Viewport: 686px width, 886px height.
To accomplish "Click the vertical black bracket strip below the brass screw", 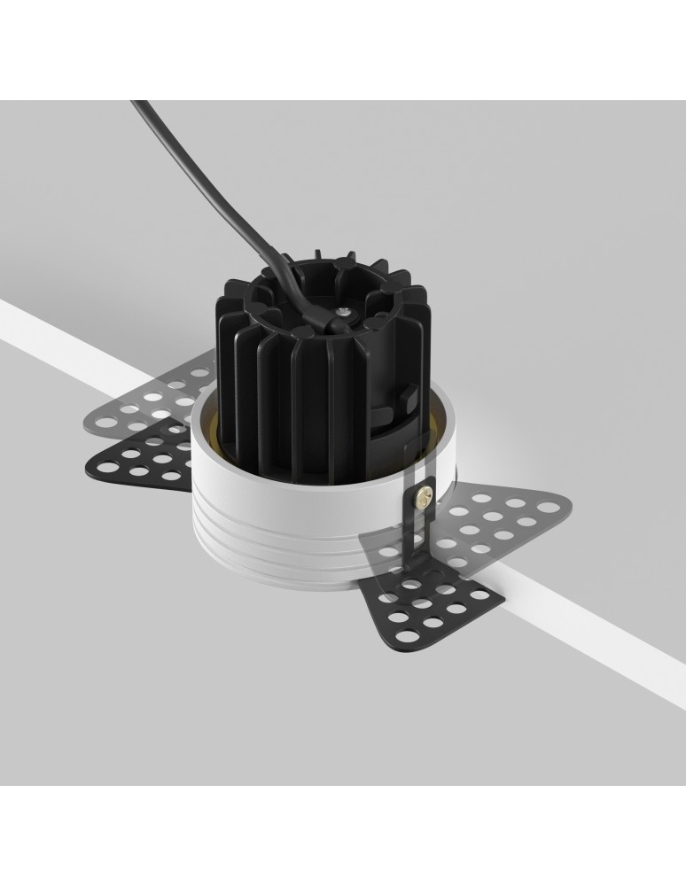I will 410,540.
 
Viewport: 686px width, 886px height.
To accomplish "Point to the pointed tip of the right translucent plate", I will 567,507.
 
